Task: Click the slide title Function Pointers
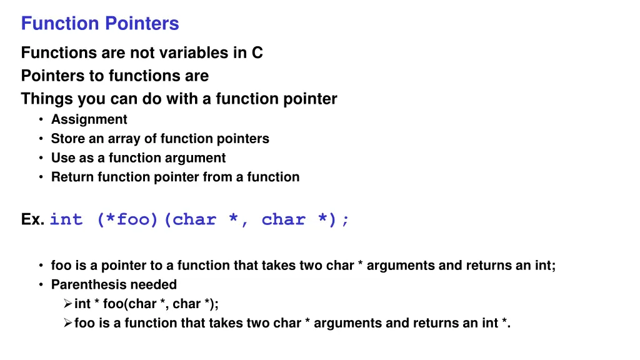click(x=100, y=24)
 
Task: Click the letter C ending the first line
click(x=257, y=53)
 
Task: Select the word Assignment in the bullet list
click(x=89, y=119)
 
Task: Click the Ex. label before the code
click(x=32, y=220)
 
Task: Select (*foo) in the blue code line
click(x=127, y=220)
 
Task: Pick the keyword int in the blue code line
click(x=66, y=220)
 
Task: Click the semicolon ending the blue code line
click(x=346, y=220)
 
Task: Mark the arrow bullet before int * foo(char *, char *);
click(x=67, y=304)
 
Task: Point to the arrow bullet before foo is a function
click(x=67, y=324)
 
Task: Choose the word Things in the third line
click(x=47, y=99)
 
